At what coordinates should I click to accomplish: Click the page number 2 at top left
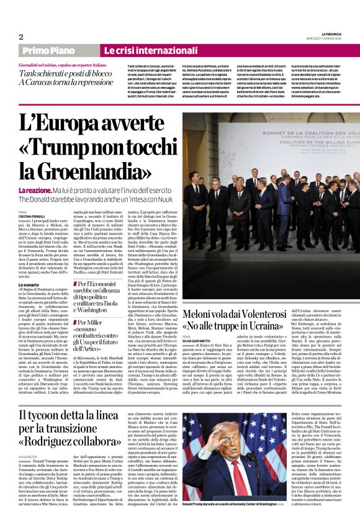pos(22,37)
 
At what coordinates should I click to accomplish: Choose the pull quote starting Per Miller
pos(94,323)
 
